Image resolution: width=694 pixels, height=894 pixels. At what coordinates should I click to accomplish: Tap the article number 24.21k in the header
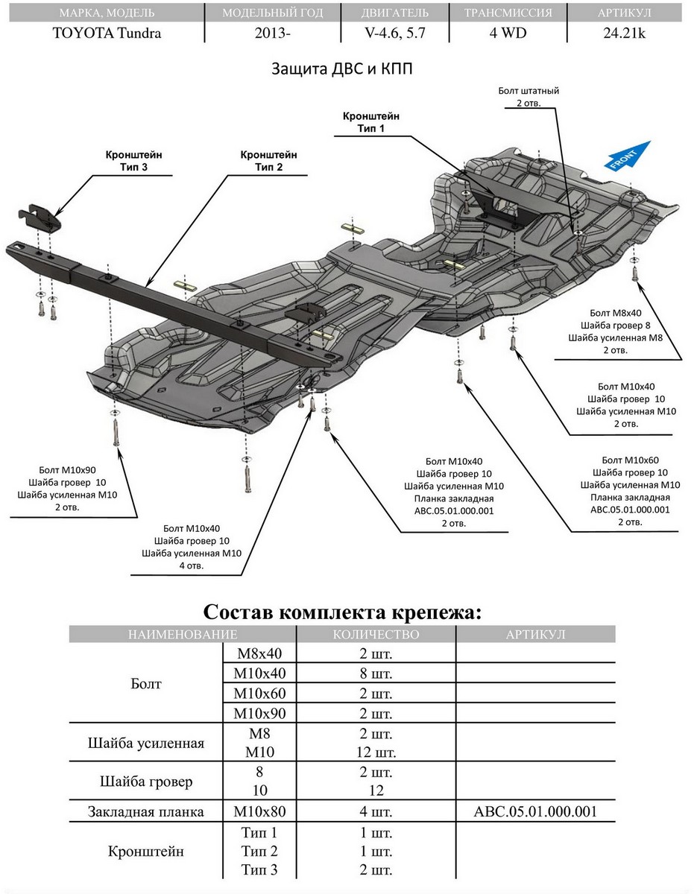point(624,33)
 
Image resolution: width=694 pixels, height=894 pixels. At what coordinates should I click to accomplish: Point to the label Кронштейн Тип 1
point(370,123)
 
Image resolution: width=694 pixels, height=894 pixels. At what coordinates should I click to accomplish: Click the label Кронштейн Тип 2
point(268,160)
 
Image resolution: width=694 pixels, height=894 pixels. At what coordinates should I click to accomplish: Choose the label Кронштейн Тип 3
point(134,160)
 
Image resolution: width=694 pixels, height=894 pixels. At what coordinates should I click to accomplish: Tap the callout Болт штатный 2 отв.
point(529,97)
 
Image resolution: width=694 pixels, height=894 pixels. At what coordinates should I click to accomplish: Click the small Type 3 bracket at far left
point(40,218)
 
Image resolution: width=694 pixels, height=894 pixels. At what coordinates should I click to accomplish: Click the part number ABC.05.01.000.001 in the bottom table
point(535,812)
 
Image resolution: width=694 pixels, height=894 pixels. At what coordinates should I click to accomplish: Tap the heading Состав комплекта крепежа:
point(343,612)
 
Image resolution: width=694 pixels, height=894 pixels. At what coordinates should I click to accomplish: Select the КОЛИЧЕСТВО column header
point(376,635)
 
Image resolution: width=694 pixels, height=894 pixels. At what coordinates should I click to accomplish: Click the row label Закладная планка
point(145,812)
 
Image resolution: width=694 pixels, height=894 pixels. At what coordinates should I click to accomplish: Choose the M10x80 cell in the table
point(259,812)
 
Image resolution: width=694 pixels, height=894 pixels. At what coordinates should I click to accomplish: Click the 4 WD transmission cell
point(508,33)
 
